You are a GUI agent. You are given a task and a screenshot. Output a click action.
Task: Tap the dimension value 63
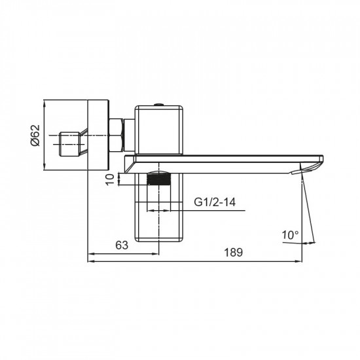[x=121, y=245]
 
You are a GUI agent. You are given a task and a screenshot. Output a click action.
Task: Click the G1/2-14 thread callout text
[x=215, y=202]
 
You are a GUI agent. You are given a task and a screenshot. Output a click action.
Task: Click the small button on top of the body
[x=158, y=103]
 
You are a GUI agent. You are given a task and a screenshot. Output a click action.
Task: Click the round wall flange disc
[x=97, y=136]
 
